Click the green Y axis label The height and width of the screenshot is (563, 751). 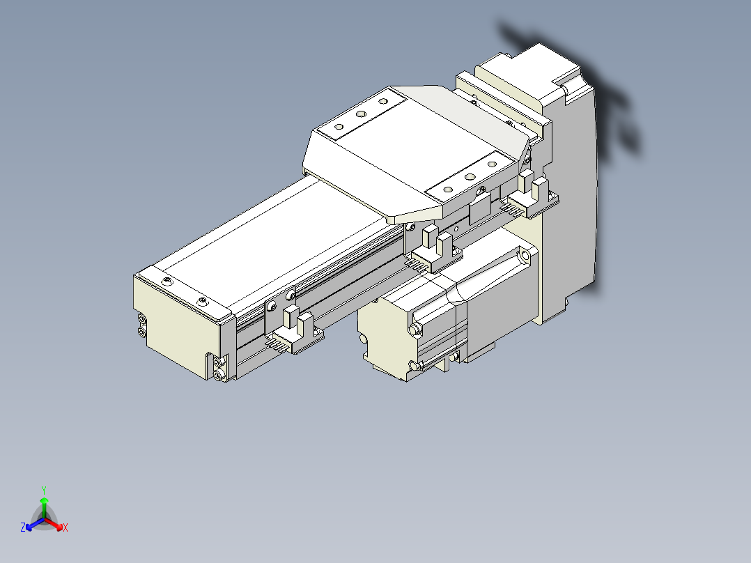pos(44,490)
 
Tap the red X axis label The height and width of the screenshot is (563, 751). pos(65,528)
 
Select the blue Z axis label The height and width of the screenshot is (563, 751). pos(23,528)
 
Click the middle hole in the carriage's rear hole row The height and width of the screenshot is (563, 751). pos(361,114)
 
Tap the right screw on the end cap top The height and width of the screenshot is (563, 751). pos(202,302)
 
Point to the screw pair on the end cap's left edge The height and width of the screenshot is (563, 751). pos(142,325)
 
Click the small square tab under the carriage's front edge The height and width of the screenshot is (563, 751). pos(481,207)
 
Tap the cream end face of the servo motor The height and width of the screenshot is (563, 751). pos(383,334)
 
